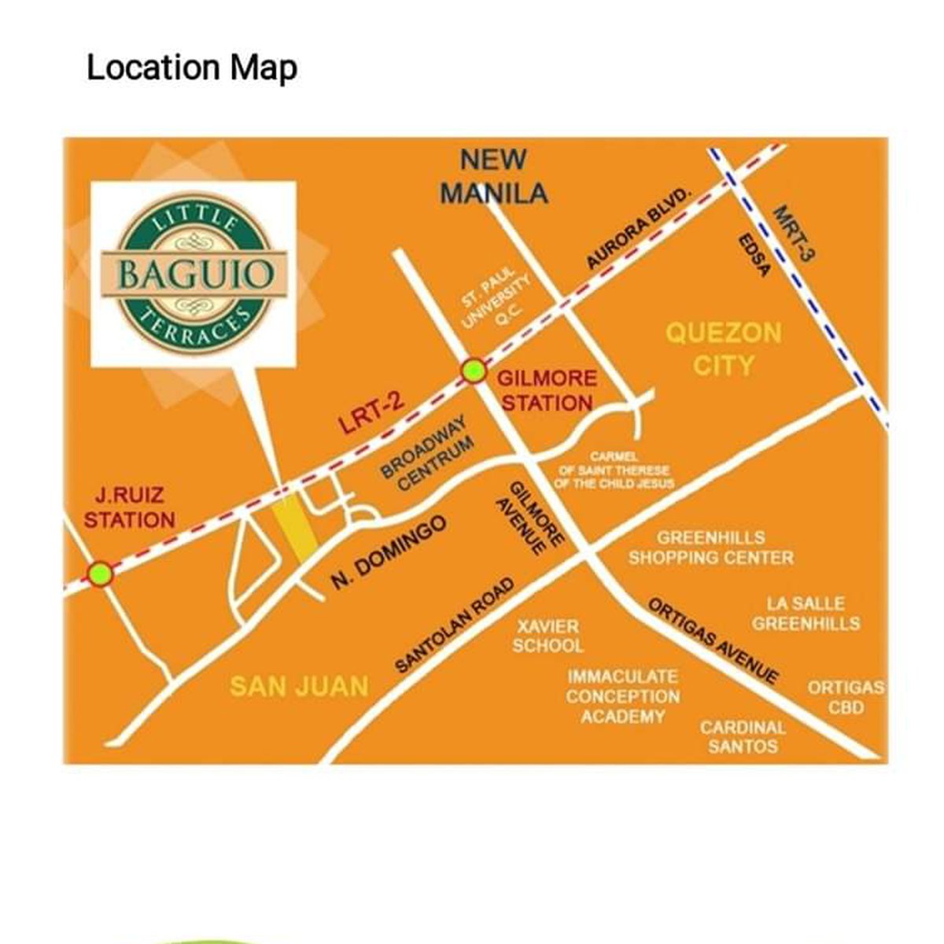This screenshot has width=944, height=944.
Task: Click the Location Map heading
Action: (191, 68)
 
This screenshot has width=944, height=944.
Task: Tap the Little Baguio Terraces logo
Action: (194, 274)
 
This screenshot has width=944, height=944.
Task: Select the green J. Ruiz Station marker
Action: (100, 574)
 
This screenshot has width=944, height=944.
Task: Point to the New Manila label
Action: (494, 176)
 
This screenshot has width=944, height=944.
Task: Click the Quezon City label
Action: (723, 348)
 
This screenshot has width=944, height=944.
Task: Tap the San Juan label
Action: (299, 686)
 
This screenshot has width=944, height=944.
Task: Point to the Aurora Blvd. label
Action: (638, 229)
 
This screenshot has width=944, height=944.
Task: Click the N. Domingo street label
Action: (389, 552)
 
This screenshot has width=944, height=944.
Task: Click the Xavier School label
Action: (548, 636)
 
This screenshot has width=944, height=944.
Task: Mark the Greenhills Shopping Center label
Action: (710, 548)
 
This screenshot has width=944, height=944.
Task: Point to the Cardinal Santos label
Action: (743, 737)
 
